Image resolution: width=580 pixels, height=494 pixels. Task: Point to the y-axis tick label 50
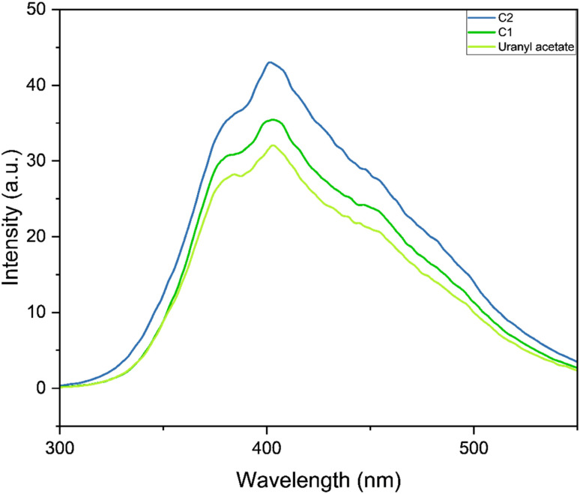(x=36, y=10)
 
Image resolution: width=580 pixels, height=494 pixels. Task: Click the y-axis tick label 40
(x=36, y=85)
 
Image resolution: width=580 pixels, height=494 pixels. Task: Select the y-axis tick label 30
(x=36, y=161)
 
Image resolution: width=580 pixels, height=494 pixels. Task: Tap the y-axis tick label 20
(x=36, y=237)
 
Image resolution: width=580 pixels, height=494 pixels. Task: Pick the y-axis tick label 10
(x=36, y=313)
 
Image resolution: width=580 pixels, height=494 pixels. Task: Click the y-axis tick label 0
(x=41, y=388)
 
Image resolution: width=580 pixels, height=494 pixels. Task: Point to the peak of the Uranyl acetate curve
(x=273, y=145)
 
